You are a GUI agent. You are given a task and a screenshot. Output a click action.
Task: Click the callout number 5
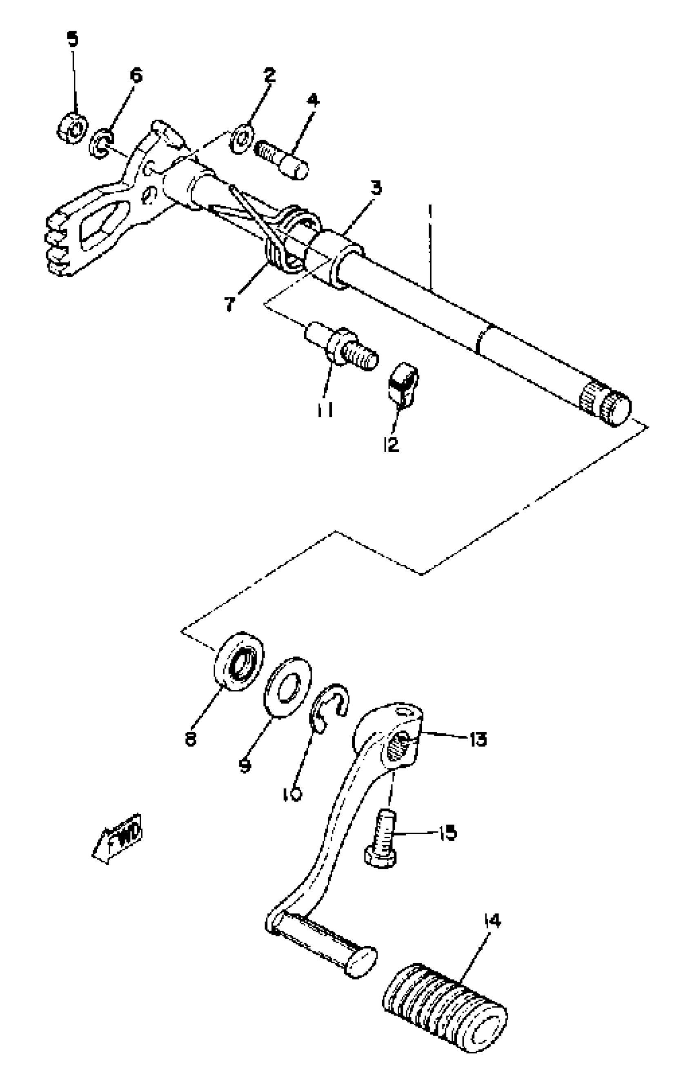[x=72, y=39]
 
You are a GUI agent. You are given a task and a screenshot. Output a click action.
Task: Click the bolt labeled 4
[x=282, y=159]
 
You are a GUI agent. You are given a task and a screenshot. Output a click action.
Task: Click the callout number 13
[x=478, y=739]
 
